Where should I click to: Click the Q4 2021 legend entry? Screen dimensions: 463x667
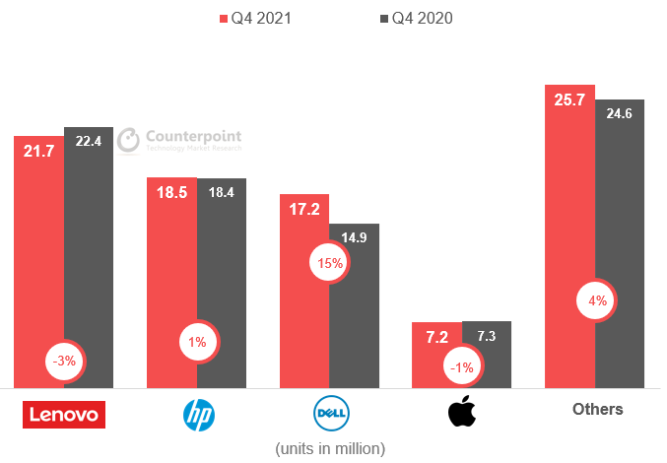click(x=262, y=19)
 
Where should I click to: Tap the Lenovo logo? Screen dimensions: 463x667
click(x=63, y=415)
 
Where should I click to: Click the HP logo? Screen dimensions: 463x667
click(x=197, y=415)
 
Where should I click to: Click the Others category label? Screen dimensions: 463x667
click(x=597, y=409)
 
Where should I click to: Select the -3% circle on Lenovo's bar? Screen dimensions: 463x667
click(x=65, y=362)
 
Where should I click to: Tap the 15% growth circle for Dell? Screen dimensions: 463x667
click(x=329, y=263)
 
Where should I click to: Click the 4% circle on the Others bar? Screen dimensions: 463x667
click(x=597, y=300)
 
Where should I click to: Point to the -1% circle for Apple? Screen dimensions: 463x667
click(x=461, y=367)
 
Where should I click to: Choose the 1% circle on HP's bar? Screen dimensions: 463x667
click(x=197, y=342)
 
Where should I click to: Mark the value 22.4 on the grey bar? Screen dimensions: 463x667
click(x=89, y=141)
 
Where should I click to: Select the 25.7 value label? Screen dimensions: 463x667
click(x=568, y=100)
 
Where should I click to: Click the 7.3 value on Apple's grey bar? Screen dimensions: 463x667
click(x=487, y=336)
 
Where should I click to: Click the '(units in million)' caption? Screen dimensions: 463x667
click(x=330, y=448)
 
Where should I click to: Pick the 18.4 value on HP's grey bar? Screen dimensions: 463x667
click(x=222, y=193)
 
